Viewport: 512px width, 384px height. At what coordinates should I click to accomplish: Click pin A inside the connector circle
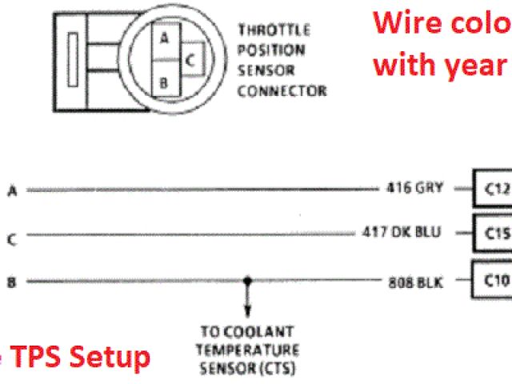point(164,38)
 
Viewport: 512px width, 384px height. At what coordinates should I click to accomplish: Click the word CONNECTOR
point(282,90)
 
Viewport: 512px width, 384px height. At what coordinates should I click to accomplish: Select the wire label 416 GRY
point(408,190)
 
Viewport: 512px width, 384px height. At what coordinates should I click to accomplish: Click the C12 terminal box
point(494,190)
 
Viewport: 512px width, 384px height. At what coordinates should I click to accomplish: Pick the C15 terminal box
point(494,233)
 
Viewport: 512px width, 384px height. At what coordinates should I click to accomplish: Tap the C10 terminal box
point(494,279)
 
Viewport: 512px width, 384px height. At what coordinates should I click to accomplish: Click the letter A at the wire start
point(12,190)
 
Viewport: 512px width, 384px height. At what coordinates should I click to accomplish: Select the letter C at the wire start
point(12,237)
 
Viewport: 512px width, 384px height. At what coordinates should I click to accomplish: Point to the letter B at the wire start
point(12,282)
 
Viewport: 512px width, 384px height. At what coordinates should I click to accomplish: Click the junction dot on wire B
point(247,281)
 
